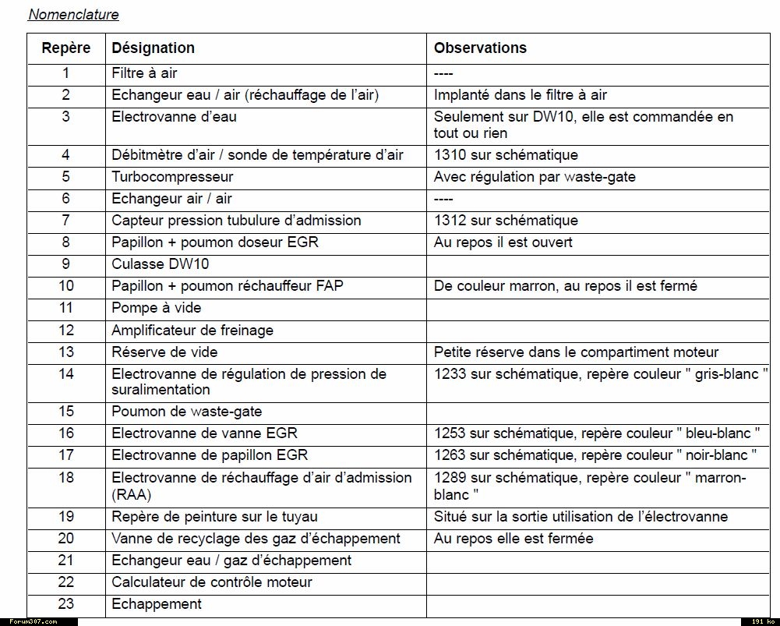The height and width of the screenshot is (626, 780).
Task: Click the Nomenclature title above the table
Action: click(73, 14)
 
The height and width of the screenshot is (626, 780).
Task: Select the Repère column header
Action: click(65, 48)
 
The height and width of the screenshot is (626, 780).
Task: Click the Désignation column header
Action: click(153, 48)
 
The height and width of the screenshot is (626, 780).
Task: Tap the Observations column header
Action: click(480, 48)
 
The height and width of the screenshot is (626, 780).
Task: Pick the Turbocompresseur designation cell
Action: click(172, 177)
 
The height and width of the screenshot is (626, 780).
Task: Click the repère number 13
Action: click(65, 352)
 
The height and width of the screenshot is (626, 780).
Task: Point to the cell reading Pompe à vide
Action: click(156, 308)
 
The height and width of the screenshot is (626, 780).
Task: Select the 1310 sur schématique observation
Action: click(506, 155)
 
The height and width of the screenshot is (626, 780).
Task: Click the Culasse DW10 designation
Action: click(160, 264)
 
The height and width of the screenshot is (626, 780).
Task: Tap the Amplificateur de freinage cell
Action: click(192, 330)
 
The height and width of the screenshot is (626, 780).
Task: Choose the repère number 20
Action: click(65, 539)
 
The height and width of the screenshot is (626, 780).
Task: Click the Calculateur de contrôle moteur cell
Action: click(211, 582)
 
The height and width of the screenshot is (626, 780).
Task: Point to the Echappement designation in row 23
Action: click(156, 604)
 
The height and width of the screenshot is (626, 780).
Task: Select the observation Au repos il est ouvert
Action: click(503, 242)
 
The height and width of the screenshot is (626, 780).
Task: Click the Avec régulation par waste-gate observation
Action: click(535, 177)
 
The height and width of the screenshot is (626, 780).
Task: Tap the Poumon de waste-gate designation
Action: click(186, 412)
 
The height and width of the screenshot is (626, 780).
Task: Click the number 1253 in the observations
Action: click(450, 433)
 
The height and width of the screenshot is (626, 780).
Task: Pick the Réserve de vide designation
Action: click(164, 352)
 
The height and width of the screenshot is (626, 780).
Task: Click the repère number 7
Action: click(65, 221)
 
